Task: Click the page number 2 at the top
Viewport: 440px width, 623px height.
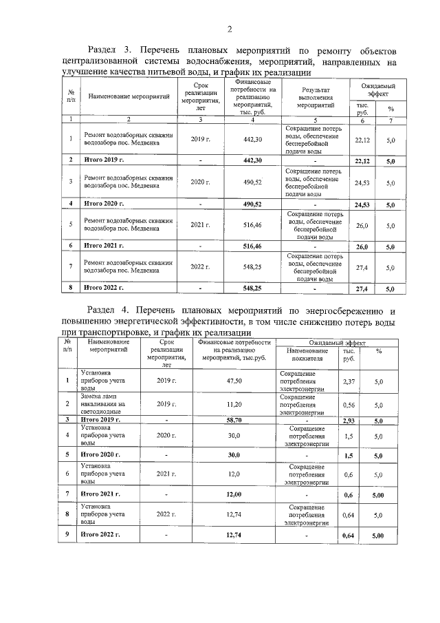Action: tap(230, 28)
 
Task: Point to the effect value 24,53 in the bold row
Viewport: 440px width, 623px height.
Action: tap(362, 205)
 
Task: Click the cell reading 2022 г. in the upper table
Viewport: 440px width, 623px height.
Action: tap(199, 266)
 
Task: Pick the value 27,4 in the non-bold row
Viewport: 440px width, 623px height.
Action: tap(362, 266)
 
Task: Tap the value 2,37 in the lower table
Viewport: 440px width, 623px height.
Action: tap(349, 381)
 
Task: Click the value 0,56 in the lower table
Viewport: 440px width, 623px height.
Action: tap(349, 405)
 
